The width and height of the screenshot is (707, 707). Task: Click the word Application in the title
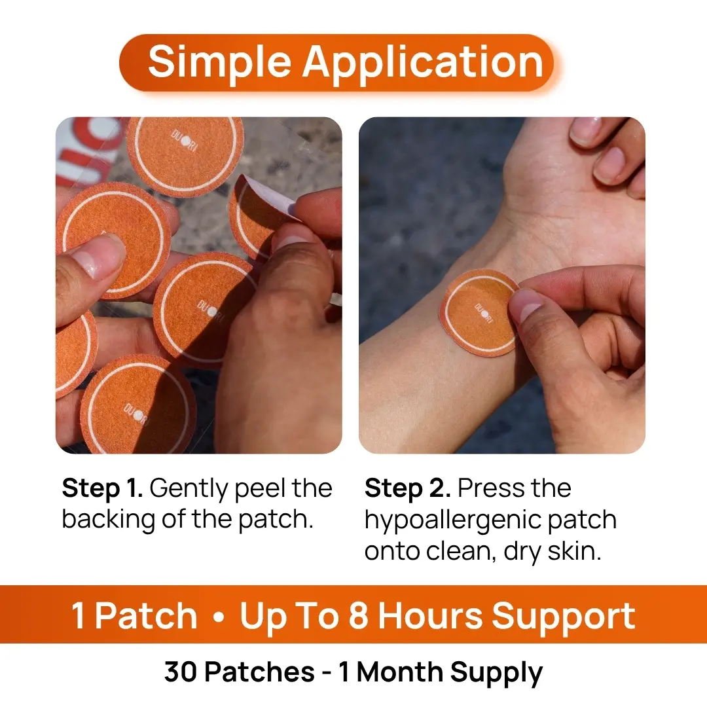click(x=423, y=63)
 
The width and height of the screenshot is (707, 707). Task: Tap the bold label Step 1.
click(x=102, y=488)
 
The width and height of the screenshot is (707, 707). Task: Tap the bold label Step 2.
click(x=408, y=488)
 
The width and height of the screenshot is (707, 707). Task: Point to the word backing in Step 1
click(x=109, y=520)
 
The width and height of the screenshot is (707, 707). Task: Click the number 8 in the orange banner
click(x=359, y=615)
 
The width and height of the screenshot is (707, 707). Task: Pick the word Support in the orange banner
click(x=564, y=617)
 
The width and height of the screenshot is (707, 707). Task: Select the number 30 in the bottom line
click(x=181, y=672)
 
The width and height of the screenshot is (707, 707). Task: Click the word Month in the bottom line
click(x=399, y=672)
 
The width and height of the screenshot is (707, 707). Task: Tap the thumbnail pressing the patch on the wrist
click(x=525, y=305)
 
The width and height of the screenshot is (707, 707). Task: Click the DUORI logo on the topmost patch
click(x=185, y=141)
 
